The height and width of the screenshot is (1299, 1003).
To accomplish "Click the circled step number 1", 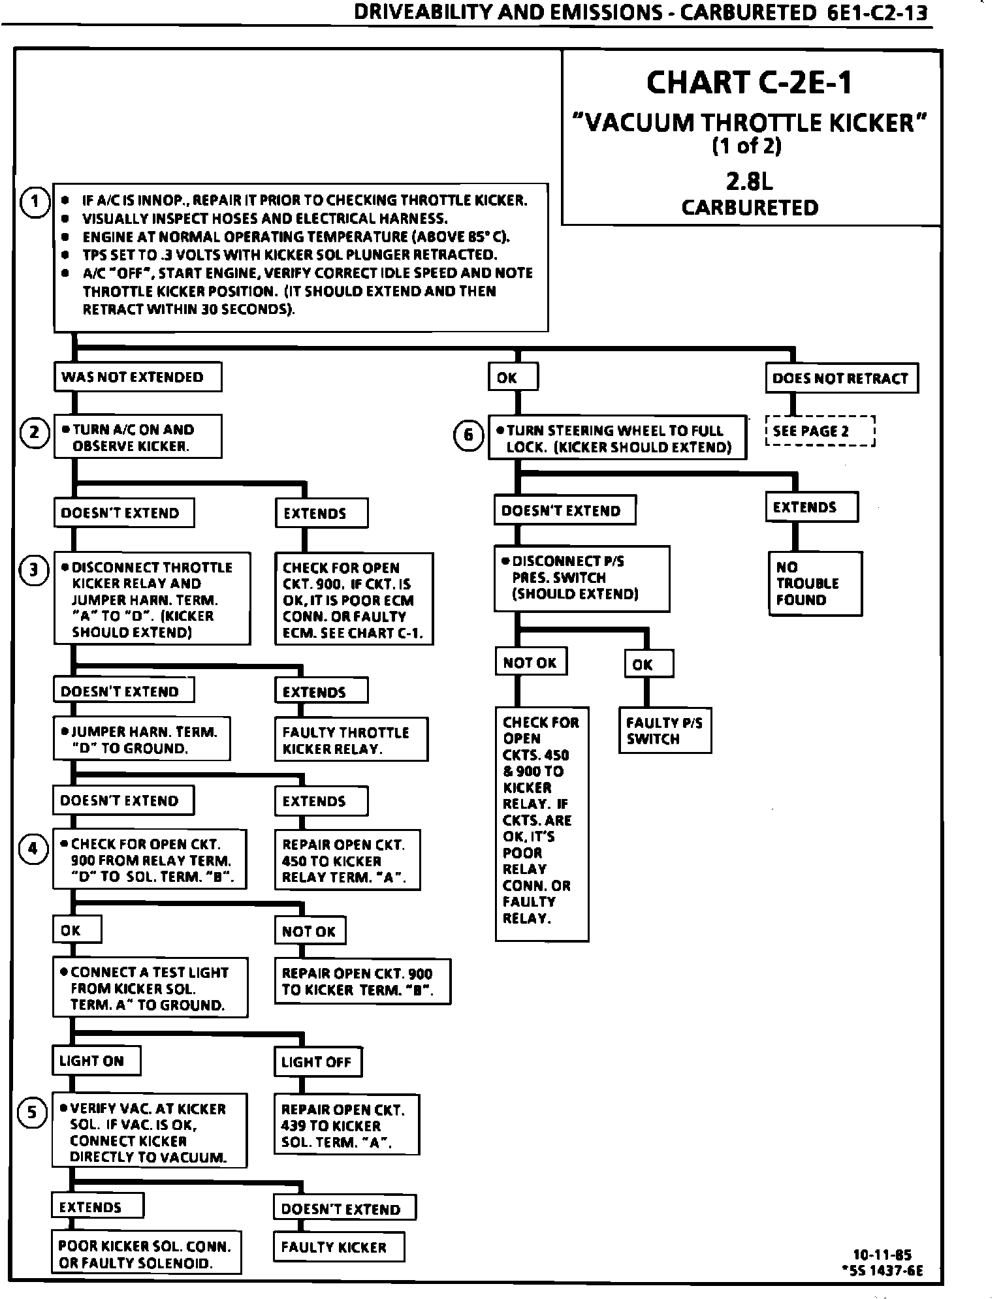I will (x=35, y=202).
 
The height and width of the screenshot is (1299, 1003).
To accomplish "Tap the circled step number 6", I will (x=468, y=435).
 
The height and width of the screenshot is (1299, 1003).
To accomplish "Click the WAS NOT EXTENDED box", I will (x=137, y=377).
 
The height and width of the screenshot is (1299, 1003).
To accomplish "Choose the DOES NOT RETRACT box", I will (x=841, y=379).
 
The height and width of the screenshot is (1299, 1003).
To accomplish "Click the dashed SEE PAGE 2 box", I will (x=820, y=431).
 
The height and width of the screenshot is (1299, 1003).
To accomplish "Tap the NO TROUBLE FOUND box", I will (x=814, y=584).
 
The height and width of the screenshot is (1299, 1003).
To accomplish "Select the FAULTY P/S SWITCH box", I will (x=664, y=730).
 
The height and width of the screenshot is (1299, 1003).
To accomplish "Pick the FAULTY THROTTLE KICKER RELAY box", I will (x=351, y=740).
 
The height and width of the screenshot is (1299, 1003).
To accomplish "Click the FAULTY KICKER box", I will (x=339, y=1247).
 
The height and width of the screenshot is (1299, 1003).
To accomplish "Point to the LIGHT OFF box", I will (x=317, y=1062).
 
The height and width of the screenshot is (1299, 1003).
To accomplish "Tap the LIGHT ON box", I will (x=96, y=1061).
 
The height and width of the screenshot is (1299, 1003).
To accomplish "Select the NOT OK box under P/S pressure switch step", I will (x=530, y=663).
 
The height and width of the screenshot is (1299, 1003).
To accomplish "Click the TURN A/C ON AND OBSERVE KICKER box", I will (x=137, y=437).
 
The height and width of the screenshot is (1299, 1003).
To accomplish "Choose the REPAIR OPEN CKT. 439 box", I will (x=346, y=1125).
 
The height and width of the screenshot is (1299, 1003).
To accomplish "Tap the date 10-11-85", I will (x=882, y=1255).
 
